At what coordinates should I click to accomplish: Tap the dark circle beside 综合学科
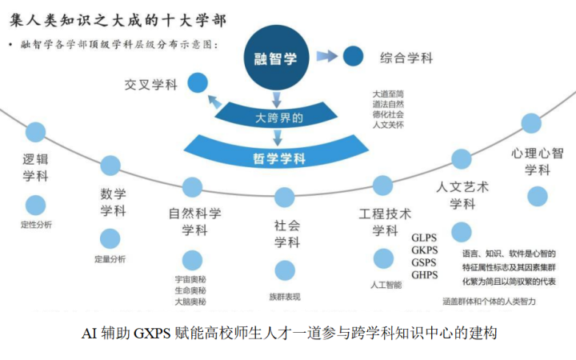pos(353,57)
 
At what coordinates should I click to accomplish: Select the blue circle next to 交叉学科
pos(198,82)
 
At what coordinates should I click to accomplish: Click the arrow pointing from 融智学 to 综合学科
pos(326,56)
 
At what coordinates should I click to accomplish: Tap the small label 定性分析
pos(36,225)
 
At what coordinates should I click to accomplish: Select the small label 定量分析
pos(110,259)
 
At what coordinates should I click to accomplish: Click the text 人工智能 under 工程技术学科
pos(385,283)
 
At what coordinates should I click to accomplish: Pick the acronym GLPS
pos(425,238)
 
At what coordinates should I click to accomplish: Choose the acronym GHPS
pos(425,275)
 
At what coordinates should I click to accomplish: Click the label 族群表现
pos(285,297)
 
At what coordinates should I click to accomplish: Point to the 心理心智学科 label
pos(538,161)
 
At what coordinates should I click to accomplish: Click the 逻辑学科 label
pos(35,162)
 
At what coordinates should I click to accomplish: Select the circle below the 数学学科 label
pos(110,238)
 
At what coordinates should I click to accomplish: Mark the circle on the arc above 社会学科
pos(285,197)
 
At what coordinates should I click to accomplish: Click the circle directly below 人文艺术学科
pos(462,232)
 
